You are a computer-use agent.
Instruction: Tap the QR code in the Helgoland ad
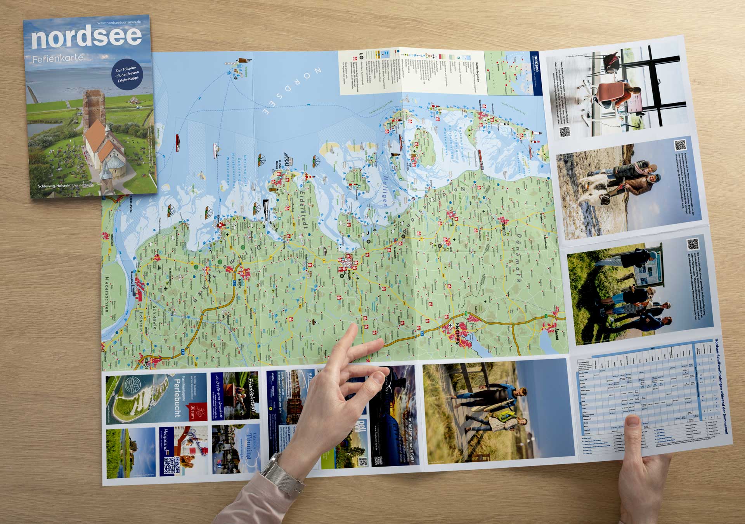171,465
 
